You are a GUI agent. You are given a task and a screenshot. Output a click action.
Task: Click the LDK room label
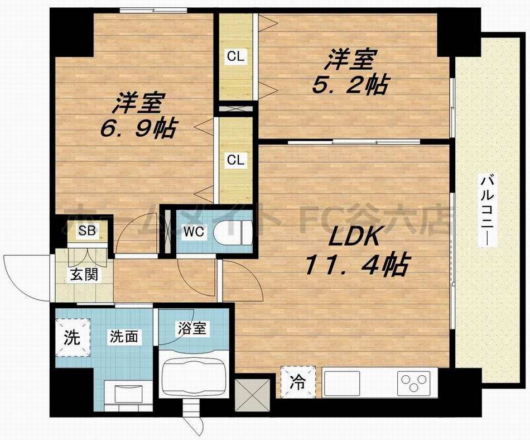point(354,238)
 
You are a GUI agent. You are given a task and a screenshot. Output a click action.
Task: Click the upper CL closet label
point(235,56)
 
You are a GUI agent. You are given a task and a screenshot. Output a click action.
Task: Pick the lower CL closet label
point(235,160)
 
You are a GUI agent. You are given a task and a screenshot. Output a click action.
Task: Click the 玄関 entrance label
point(84,275)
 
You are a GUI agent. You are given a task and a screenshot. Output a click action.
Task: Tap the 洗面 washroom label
point(123,337)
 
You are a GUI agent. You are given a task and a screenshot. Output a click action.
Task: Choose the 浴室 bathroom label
point(192,328)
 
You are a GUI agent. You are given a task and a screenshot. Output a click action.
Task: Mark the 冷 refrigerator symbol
point(297,383)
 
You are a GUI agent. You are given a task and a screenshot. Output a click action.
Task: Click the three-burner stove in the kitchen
point(414,384)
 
